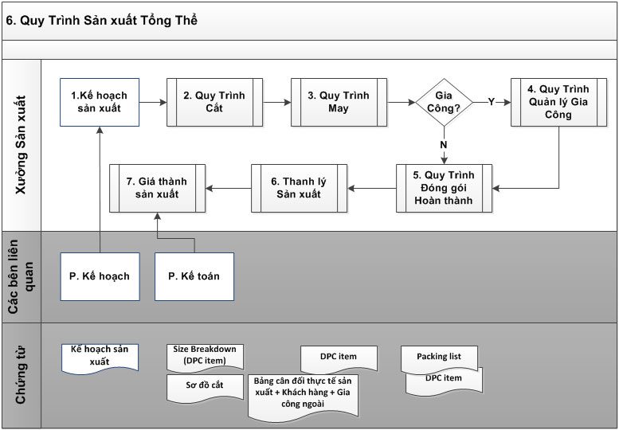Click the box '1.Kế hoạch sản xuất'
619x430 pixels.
point(100,102)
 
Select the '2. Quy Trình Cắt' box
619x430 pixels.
point(214,102)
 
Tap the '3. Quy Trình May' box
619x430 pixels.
point(339,102)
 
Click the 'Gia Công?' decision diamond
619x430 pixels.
point(444,102)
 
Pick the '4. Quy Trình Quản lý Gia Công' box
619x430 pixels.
point(558,102)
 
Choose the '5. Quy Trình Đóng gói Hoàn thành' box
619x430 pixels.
point(444,188)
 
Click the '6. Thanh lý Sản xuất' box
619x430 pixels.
point(299,188)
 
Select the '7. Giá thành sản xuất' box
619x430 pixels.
point(157,188)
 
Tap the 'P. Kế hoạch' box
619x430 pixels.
point(100,276)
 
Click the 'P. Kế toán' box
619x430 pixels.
point(194,276)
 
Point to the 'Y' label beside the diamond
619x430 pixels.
point(491,102)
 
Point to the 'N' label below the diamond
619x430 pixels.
point(444,145)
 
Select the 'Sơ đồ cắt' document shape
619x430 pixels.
point(205,387)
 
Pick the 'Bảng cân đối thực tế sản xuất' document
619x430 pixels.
point(304,397)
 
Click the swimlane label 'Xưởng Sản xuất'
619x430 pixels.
point(21,145)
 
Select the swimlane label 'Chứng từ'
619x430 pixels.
point(21,375)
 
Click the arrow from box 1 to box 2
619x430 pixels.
point(153,102)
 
